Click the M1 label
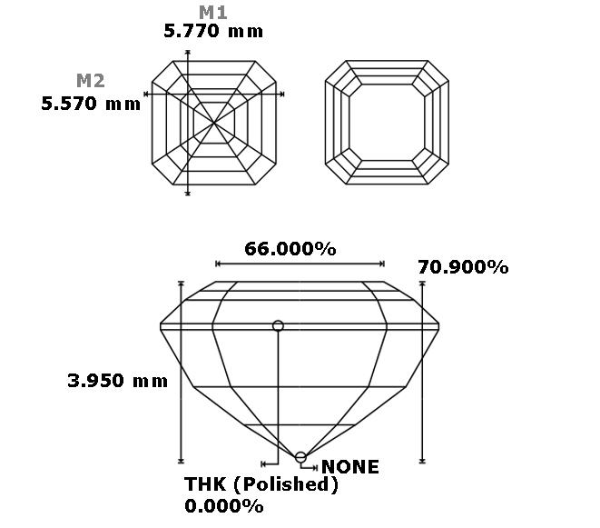(213, 12)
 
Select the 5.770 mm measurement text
(213, 31)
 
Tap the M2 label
(90, 81)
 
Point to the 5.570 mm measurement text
(91, 104)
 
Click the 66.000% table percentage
(290, 249)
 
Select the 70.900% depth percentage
(463, 267)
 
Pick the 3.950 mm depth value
(117, 381)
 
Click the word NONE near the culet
(350, 467)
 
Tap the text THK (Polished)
(261, 484)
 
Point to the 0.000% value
(224, 506)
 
